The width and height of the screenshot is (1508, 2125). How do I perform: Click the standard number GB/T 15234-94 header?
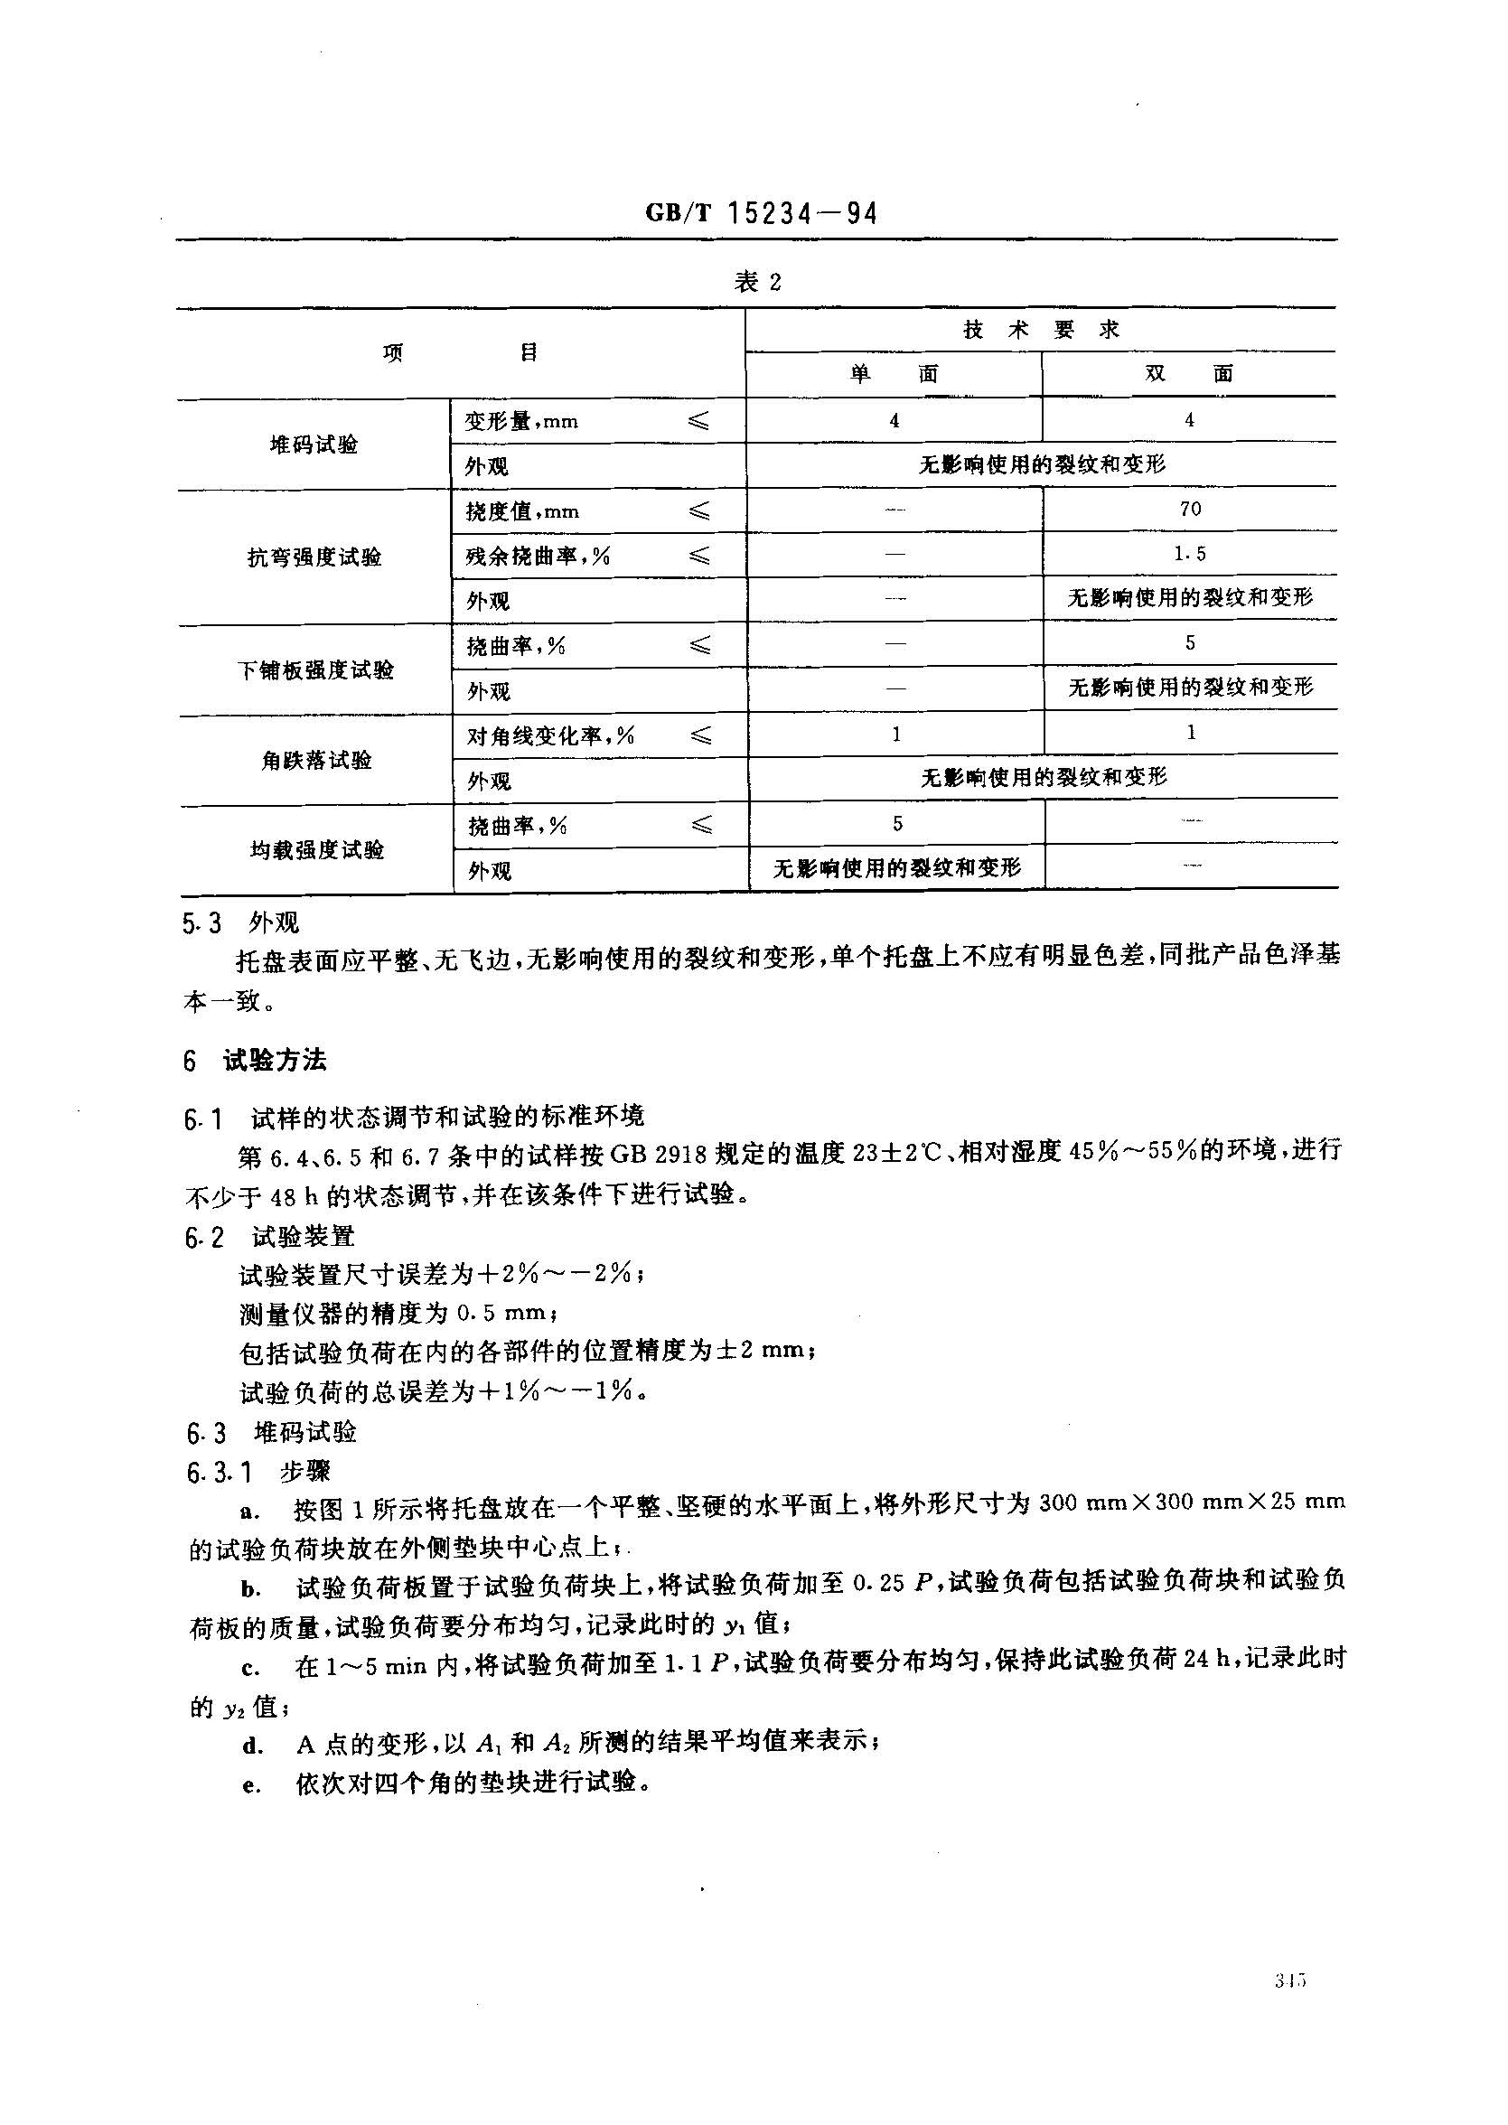pyautogui.click(x=761, y=214)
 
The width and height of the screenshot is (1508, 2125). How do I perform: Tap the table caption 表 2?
pyautogui.click(x=758, y=282)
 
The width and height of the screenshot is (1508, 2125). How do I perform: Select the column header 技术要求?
pyautogui.click(x=1041, y=330)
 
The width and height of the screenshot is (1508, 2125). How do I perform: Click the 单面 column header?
pyautogui.click(x=894, y=374)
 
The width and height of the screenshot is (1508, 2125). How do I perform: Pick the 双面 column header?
pyautogui.click(x=1188, y=374)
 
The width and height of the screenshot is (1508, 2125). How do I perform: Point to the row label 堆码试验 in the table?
pyautogui.click(x=314, y=445)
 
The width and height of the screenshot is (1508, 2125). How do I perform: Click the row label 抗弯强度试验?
pyautogui.click(x=314, y=557)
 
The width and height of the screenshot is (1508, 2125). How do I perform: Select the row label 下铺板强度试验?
pyautogui.click(x=315, y=669)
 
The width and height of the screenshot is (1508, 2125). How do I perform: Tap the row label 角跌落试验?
pyautogui.click(x=315, y=761)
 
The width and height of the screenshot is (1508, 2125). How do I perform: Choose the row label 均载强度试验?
pyautogui.click(x=316, y=849)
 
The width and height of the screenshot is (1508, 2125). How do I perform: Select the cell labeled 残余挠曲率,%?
pyautogui.click(x=538, y=556)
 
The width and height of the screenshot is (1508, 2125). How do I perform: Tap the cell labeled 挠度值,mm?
pyautogui.click(x=522, y=511)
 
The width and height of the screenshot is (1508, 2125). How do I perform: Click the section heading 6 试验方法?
pyautogui.click(x=256, y=1060)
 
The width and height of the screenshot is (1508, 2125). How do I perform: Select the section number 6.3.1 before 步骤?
pyautogui.click(x=220, y=1473)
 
